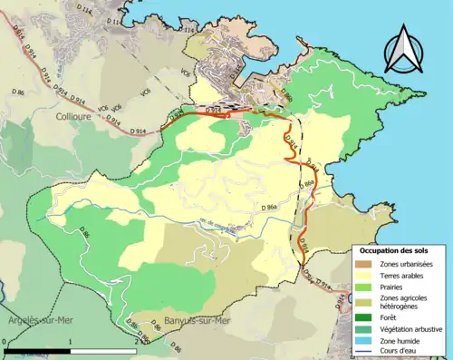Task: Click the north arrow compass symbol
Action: (402, 49)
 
